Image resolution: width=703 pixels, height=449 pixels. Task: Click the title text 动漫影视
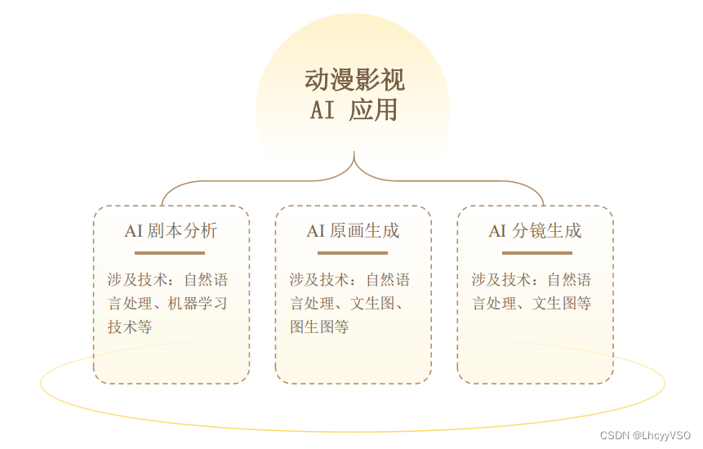click(354, 80)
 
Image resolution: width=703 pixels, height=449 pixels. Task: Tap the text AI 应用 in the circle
click(354, 109)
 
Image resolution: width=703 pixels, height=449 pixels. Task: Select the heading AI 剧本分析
click(171, 231)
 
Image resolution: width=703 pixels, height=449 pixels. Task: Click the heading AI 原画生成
click(353, 231)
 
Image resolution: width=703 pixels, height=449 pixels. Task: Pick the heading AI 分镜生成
click(535, 231)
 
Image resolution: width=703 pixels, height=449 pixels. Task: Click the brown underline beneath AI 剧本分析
click(170, 253)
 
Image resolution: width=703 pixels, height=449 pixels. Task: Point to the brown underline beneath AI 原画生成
click(352, 253)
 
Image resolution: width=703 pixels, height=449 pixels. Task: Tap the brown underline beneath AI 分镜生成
click(536, 253)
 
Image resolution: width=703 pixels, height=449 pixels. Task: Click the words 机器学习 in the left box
click(198, 304)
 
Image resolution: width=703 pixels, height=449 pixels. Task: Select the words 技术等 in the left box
click(130, 327)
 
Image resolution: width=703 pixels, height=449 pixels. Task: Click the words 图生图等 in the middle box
click(319, 327)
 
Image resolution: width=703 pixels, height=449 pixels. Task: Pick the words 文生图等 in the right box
click(562, 304)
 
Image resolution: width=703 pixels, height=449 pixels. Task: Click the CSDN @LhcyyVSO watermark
click(645, 436)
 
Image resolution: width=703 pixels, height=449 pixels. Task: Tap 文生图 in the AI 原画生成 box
click(372, 304)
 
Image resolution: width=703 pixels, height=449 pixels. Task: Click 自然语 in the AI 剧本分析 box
click(206, 280)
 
